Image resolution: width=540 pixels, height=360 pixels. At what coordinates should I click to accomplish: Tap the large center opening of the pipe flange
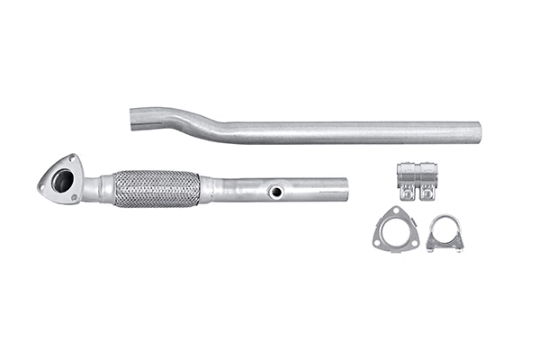pos(62,180)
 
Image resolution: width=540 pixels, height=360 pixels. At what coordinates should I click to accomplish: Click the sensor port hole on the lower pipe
pos(276,192)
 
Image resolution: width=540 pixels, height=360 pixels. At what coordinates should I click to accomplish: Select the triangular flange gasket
pos(394,229)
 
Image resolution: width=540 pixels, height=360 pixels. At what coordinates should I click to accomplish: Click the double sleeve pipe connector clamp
pos(417,180)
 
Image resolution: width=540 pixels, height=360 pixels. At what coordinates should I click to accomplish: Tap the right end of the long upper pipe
pos(477,133)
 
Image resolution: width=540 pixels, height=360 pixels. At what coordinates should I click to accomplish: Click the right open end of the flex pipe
pos(345,188)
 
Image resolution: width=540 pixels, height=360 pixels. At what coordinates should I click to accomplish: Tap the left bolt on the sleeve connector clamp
pos(407,192)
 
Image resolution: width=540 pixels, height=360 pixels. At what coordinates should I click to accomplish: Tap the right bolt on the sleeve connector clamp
pos(426,192)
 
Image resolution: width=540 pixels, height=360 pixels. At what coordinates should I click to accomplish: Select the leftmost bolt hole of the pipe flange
pos(42,185)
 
